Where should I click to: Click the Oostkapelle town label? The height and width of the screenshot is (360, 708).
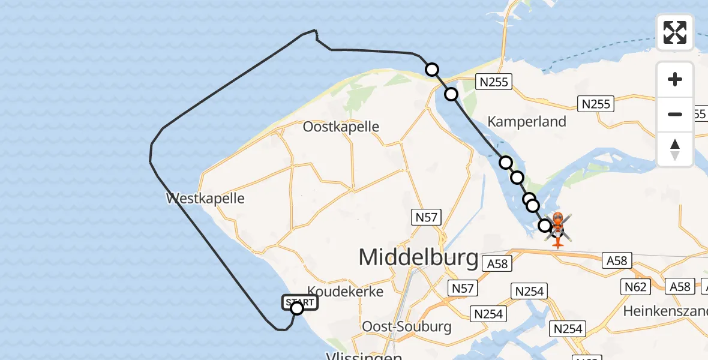click(x=341, y=127)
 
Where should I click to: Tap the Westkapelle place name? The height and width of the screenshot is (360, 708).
click(x=206, y=198)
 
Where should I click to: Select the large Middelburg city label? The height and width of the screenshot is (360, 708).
click(x=418, y=257)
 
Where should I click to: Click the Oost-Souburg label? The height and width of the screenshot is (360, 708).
click(x=406, y=326)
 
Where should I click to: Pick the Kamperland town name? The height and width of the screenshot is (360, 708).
click(x=527, y=122)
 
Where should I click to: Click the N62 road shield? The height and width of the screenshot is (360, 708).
click(x=635, y=287)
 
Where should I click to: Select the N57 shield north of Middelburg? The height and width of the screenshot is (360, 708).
click(x=426, y=217)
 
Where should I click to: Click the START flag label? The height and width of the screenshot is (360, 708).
click(x=299, y=301)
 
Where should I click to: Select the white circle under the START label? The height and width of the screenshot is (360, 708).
click(x=297, y=308)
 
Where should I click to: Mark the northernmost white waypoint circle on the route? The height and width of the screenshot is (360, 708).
click(x=432, y=70)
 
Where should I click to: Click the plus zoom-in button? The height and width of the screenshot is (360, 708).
click(x=675, y=79)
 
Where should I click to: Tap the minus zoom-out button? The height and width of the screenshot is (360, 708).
click(x=675, y=114)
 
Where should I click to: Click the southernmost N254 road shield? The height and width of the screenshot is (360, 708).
click(x=568, y=329)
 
